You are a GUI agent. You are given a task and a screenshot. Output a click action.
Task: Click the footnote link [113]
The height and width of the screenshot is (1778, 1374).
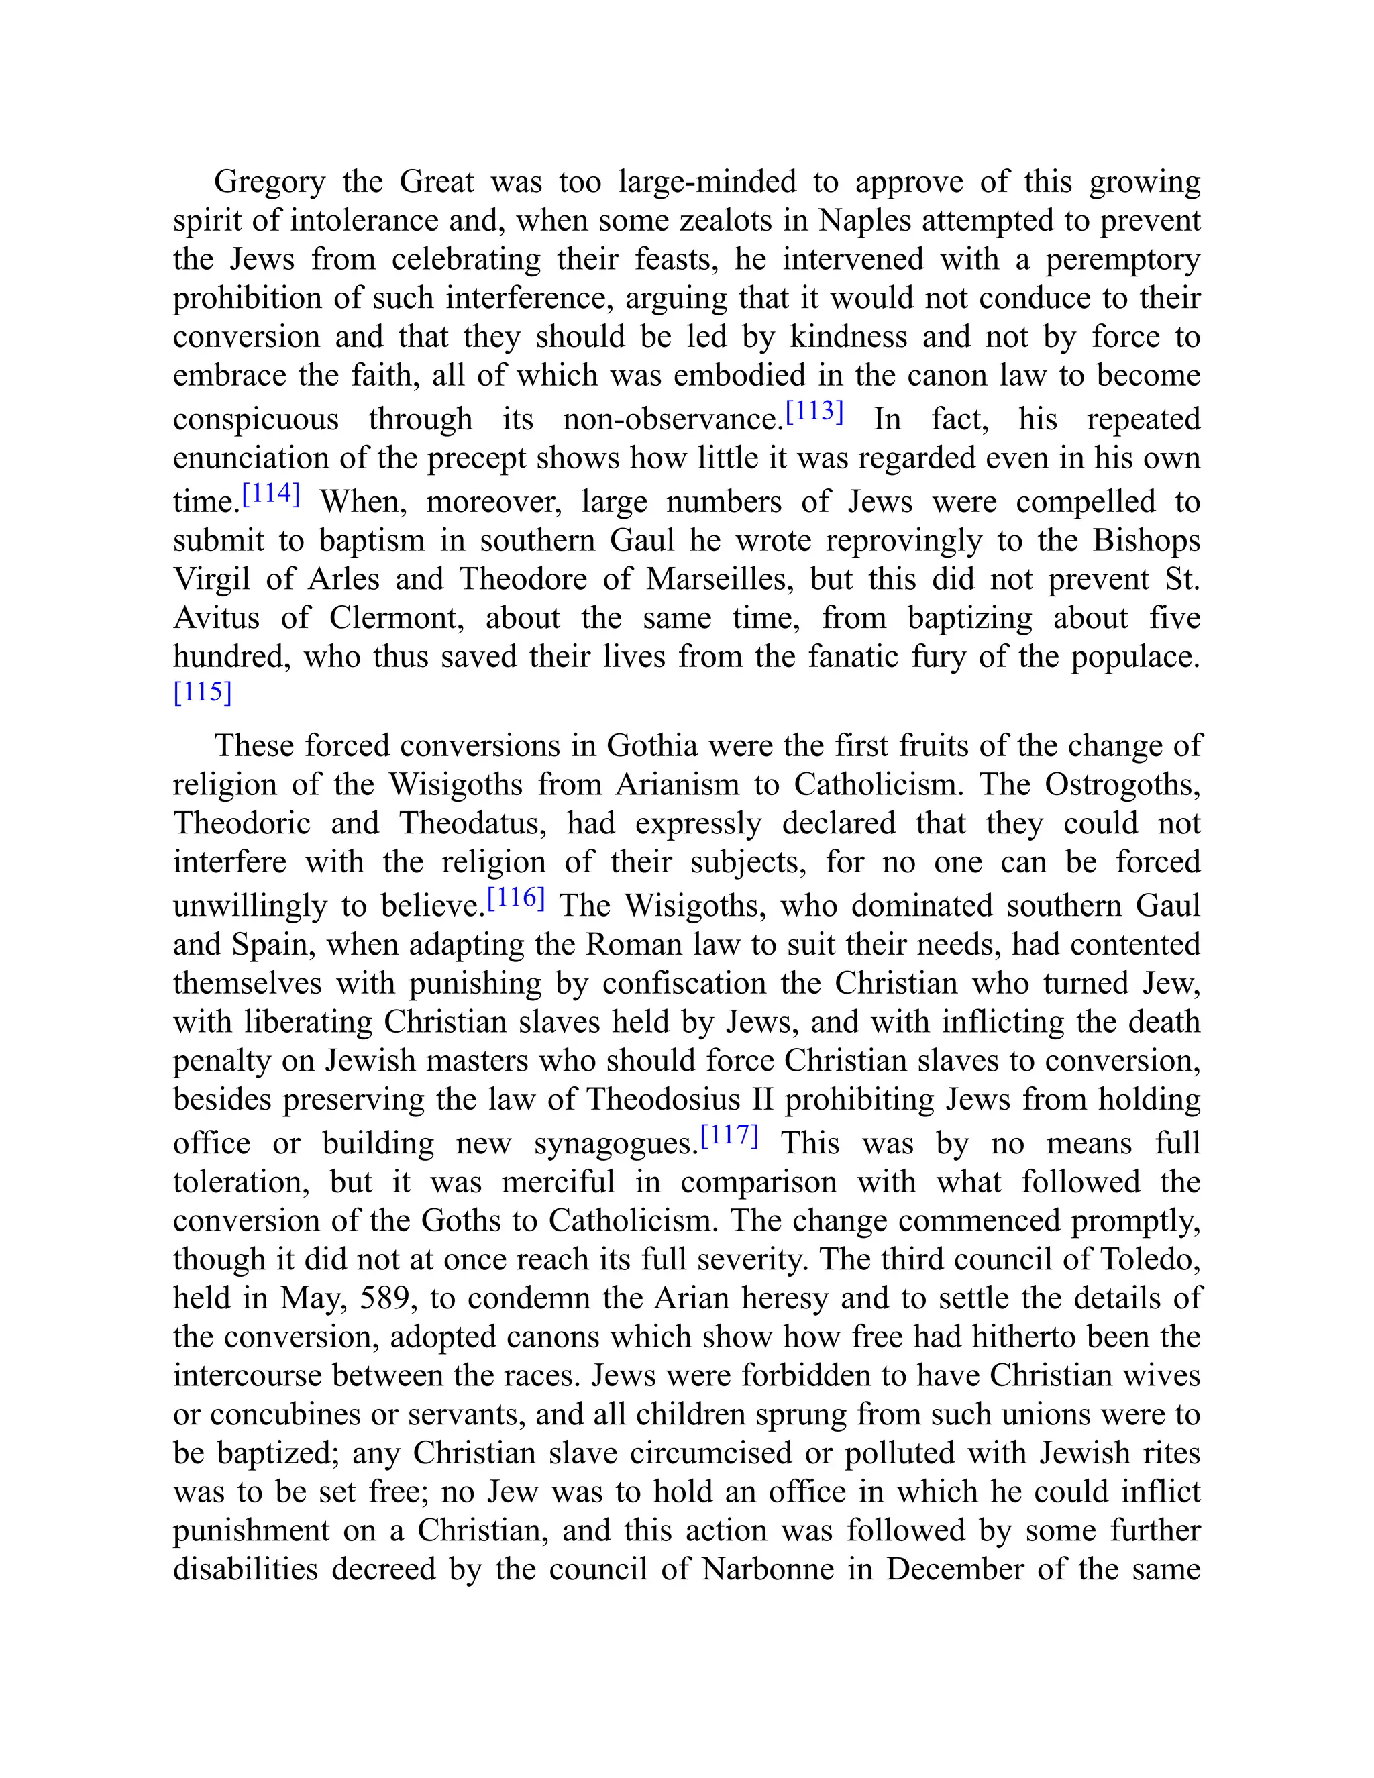(814, 413)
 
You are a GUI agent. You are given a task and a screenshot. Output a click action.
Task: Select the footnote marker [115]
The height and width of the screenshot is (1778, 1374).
(203, 693)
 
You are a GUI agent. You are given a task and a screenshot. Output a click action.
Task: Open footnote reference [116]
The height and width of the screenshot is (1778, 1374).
(515, 900)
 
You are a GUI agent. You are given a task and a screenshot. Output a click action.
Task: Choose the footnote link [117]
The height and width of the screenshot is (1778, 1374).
(729, 1137)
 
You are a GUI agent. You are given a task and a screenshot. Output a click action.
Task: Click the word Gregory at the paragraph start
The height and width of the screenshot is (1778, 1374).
(268, 182)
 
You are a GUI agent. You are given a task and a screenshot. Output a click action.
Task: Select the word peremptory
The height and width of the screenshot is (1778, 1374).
(1122, 260)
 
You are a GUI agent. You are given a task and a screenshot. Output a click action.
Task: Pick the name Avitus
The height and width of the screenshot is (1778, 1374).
(217, 618)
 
